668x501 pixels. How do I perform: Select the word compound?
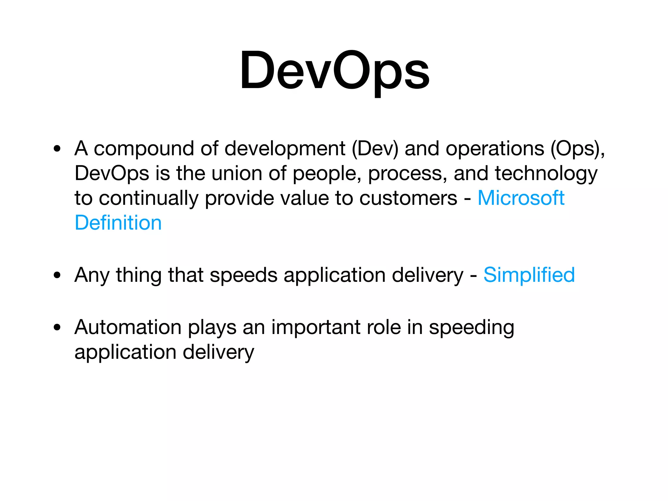[x=144, y=149]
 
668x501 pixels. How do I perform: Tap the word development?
[x=285, y=149]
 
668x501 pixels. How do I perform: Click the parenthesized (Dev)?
[x=375, y=149]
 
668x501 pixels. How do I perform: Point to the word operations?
[x=495, y=149]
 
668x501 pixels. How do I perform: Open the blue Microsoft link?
[x=521, y=198]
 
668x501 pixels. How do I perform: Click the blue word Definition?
[x=118, y=223]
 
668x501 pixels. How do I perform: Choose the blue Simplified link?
[x=529, y=275]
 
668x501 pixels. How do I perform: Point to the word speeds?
[x=243, y=275]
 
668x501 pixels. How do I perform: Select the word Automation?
[x=128, y=327]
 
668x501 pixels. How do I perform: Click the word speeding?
[x=471, y=327]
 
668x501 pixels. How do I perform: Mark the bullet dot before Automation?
[x=57, y=327]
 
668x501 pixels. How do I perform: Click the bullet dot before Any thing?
[x=57, y=275]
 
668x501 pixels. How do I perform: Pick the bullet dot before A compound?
[x=57, y=149]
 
